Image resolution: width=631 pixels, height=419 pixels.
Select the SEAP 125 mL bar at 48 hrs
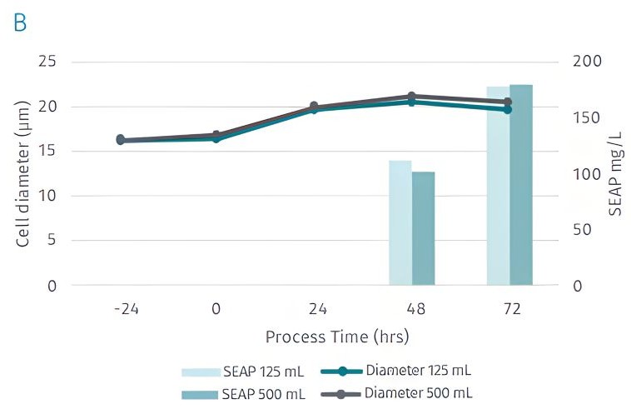coord(400,222)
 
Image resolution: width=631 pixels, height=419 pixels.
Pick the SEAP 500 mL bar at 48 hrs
coord(423,228)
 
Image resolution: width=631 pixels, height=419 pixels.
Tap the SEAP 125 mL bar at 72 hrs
coord(498,186)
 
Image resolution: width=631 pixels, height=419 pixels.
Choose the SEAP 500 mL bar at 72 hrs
coord(521,185)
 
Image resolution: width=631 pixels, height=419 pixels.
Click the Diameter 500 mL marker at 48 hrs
coord(412,97)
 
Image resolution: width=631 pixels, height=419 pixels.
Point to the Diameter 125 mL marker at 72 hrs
coord(508,109)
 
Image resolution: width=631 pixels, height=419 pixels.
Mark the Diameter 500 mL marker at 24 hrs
coord(314,107)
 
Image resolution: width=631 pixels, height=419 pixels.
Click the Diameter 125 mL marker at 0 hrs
coord(216,138)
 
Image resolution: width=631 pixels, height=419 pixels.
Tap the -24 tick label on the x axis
coord(126,309)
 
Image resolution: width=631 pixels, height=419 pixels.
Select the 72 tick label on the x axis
coord(512,309)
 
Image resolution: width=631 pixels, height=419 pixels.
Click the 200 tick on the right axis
coord(587,62)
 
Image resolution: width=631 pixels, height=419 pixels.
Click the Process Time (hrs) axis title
coord(337,337)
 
